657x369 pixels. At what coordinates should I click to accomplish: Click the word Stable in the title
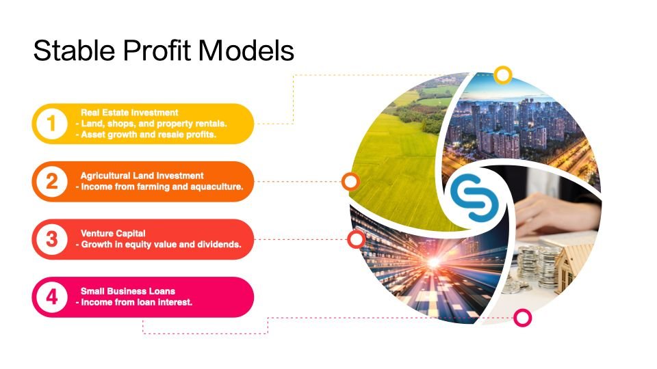[x=74, y=51]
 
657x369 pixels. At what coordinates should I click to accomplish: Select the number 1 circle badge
[x=51, y=124]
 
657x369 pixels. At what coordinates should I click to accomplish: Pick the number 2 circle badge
[x=51, y=182]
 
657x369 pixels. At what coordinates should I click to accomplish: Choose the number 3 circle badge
[x=51, y=239]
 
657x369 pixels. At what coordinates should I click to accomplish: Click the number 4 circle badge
[x=51, y=297]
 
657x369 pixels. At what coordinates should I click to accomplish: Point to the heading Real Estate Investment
[x=129, y=113]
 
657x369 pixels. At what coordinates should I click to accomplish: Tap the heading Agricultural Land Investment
[x=142, y=176]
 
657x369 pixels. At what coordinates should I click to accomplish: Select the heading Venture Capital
[x=113, y=234]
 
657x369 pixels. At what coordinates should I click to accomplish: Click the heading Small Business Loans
[x=128, y=291]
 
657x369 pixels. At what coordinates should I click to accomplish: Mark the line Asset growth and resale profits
[x=149, y=135]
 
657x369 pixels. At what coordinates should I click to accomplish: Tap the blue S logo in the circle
[x=474, y=197]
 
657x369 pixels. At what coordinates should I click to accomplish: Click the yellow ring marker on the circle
[x=503, y=75]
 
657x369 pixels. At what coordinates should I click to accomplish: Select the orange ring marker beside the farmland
[x=350, y=182]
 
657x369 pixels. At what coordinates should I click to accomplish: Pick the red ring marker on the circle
[x=356, y=239]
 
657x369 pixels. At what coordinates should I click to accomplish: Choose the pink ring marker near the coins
[x=522, y=318]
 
